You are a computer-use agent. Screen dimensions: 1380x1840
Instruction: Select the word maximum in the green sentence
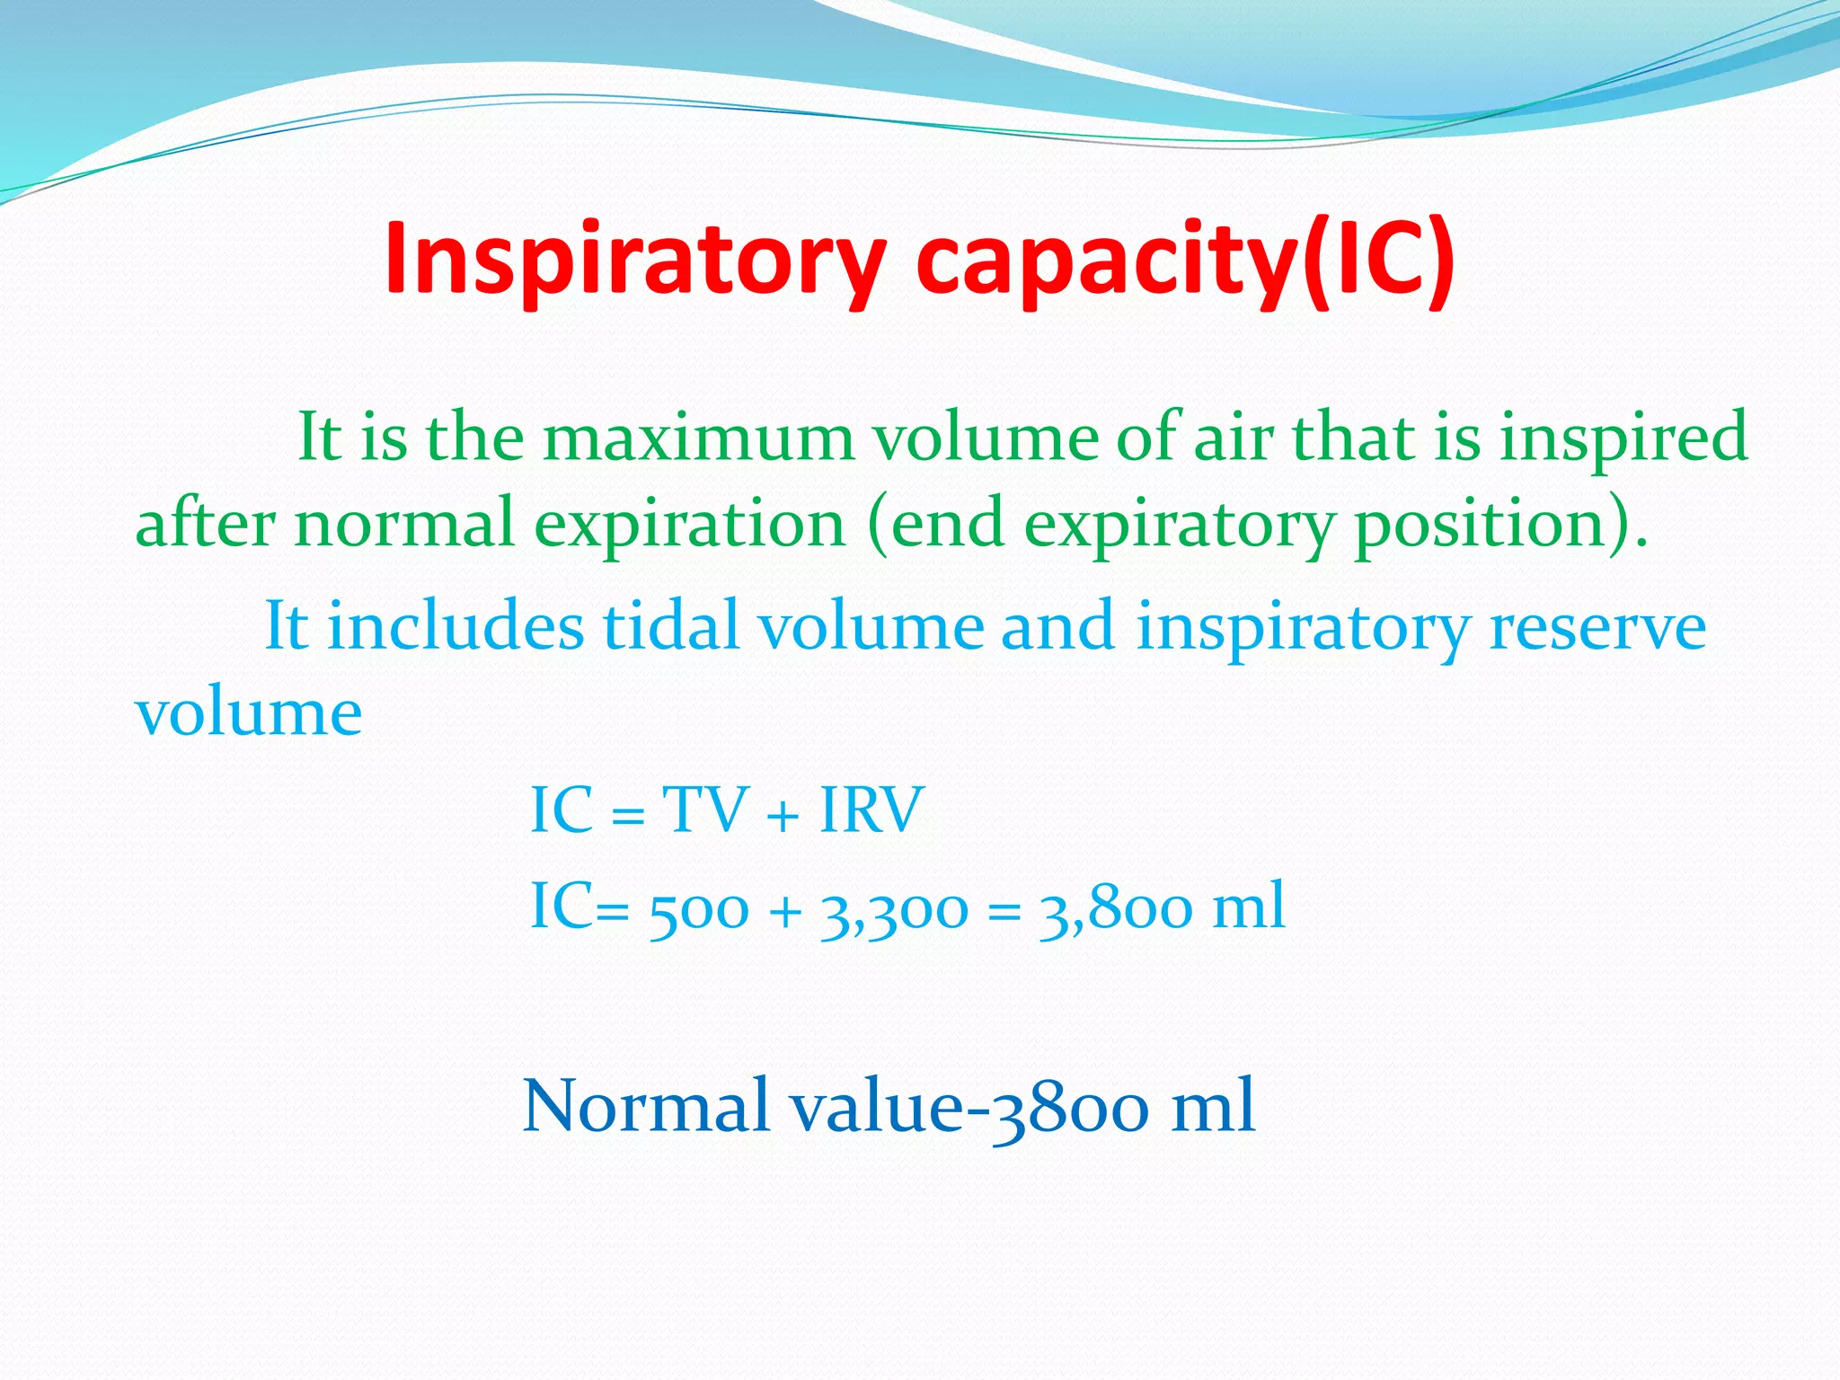(699, 438)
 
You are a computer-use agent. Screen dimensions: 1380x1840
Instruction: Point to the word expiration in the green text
(690, 525)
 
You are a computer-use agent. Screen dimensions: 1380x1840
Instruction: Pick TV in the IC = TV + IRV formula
(705, 810)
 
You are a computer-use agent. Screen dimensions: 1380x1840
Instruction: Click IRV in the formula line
(871, 810)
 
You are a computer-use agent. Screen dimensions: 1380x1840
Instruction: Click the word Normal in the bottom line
(646, 1106)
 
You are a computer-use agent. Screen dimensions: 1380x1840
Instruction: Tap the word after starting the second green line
(205, 523)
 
